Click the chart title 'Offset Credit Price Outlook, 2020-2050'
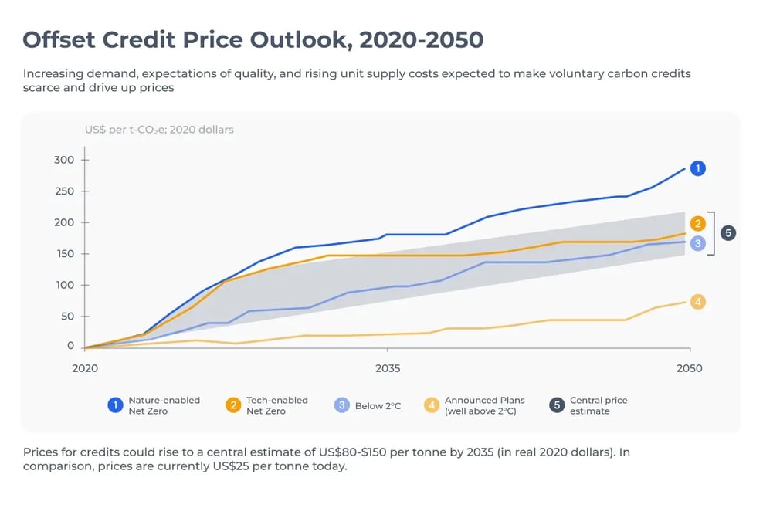(x=253, y=39)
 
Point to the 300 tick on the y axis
(x=64, y=160)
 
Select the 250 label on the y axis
(x=64, y=191)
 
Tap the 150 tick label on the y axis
(x=64, y=254)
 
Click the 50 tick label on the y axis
(x=67, y=316)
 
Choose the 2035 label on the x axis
(x=388, y=368)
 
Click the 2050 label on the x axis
(x=689, y=368)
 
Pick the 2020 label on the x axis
(x=85, y=368)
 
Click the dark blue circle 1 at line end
(x=697, y=168)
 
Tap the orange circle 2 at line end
(x=697, y=224)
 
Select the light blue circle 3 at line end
(x=697, y=243)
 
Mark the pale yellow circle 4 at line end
(x=697, y=302)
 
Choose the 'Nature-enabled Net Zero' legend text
(x=164, y=405)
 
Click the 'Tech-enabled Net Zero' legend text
(x=276, y=405)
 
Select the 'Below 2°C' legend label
(x=378, y=406)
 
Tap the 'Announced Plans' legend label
(x=484, y=401)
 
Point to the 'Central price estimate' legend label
(x=598, y=405)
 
